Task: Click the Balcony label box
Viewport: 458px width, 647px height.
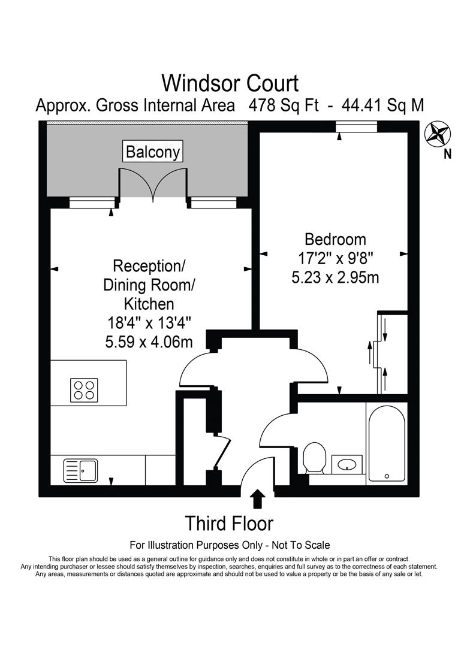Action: point(153,152)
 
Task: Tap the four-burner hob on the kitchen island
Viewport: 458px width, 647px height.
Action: point(84,389)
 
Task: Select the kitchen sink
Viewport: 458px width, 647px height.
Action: point(81,471)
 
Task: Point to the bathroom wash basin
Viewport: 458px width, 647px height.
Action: point(346,464)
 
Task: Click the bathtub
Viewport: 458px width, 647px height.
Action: point(386,444)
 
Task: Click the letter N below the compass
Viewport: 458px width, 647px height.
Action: point(447,155)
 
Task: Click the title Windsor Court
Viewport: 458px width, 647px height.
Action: point(230,82)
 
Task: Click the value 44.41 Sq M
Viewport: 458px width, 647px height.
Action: point(382,105)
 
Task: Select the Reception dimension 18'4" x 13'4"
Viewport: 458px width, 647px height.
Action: point(149,322)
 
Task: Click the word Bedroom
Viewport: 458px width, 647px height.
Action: point(335,240)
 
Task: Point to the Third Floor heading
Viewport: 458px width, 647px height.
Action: point(229,523)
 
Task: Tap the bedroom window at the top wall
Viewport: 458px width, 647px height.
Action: point(356,125)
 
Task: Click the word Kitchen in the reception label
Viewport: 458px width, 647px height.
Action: point(149,303)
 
